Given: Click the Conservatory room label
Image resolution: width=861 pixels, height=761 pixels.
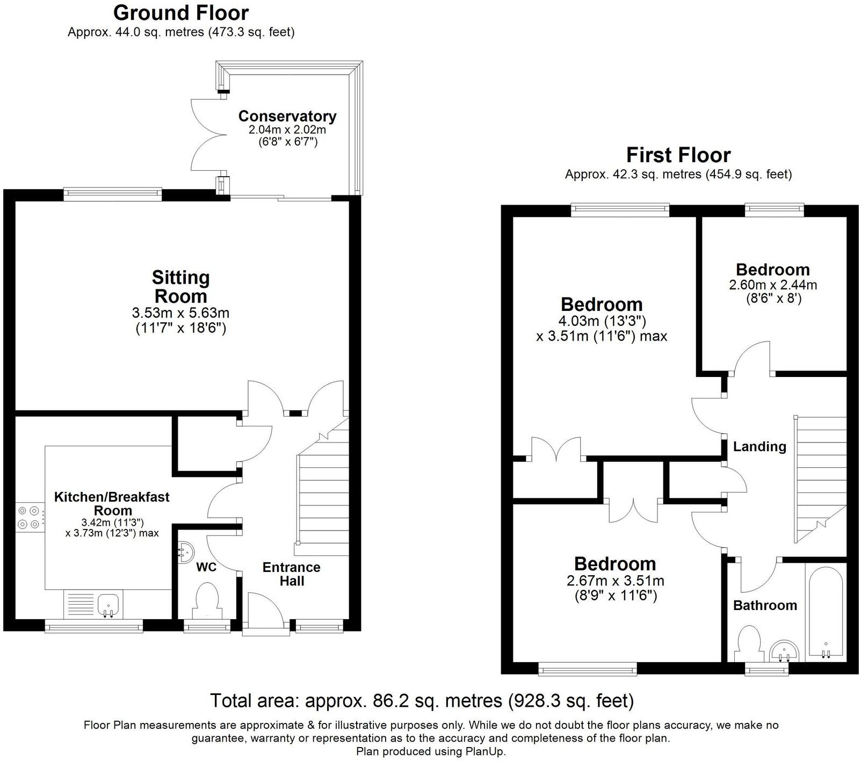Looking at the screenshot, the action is point(287,116).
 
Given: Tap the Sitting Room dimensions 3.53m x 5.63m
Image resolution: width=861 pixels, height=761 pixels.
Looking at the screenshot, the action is point(180,313).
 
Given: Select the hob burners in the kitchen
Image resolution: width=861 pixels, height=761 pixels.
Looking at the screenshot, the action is point(30,517).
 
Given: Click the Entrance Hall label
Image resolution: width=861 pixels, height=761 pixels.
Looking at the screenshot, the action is point(291,574).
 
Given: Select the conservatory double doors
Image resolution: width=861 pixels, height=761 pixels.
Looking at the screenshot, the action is point(208,136).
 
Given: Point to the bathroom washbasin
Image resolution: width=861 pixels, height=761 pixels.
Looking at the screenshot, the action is point(785,651).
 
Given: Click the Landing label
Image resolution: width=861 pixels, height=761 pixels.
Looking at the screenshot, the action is point(759,446).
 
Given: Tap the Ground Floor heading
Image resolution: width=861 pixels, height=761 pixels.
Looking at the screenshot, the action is point(181,12).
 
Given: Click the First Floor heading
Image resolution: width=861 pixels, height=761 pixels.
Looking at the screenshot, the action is point(678,155).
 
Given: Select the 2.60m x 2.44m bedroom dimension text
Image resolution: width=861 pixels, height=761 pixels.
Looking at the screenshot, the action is point(773,285).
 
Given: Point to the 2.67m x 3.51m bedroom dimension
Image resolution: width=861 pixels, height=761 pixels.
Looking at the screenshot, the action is point(616,581).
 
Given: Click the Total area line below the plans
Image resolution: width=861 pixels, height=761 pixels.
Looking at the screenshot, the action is point(422,701).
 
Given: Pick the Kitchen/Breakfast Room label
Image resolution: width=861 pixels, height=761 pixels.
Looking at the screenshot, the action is point(112,504).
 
